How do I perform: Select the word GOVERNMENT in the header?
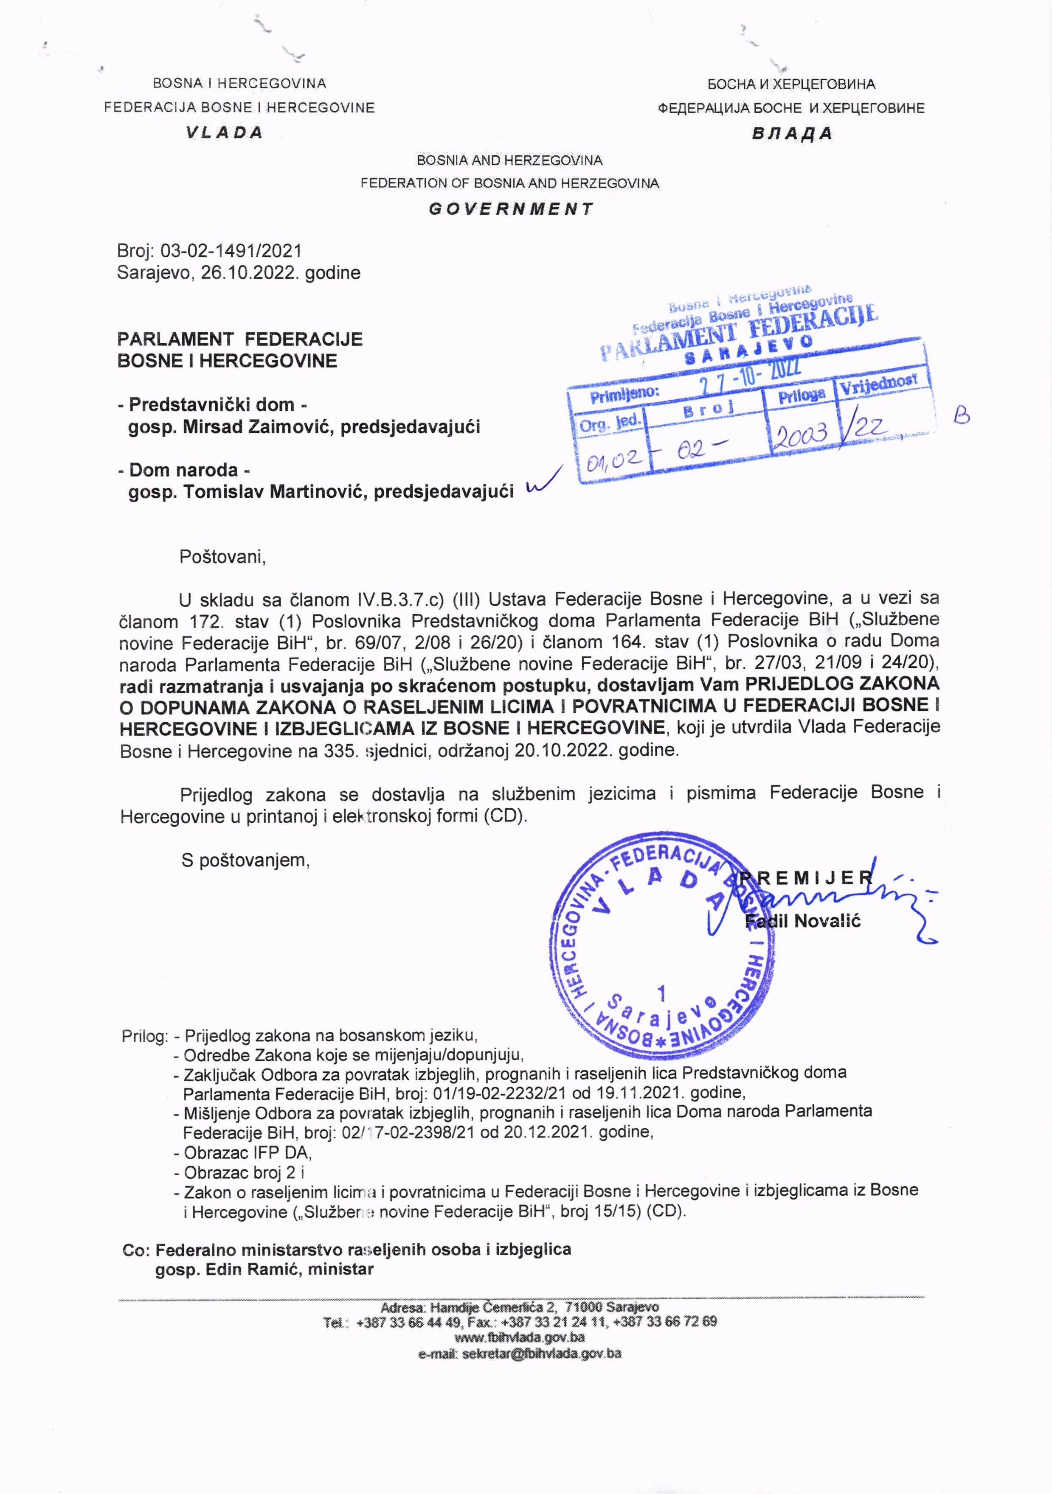(511, 209)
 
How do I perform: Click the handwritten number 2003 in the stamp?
(800, 433)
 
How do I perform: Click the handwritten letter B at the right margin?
(962, 415)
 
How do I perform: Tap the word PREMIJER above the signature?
(807, 878)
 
